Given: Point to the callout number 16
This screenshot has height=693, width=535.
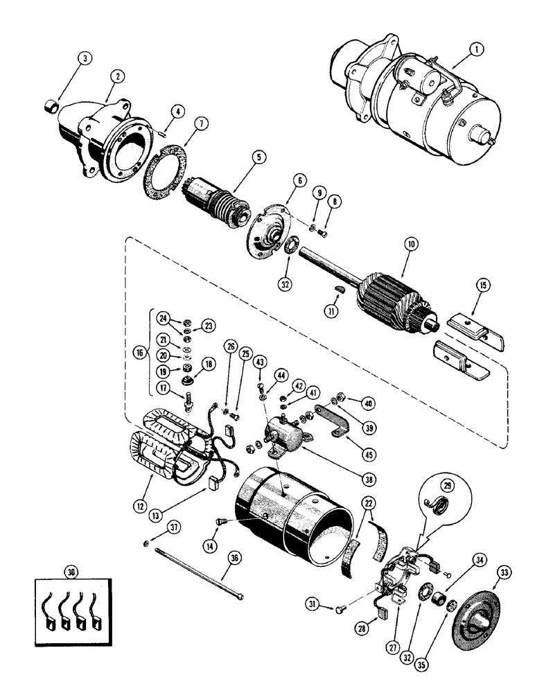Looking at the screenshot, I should [140, 351].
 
